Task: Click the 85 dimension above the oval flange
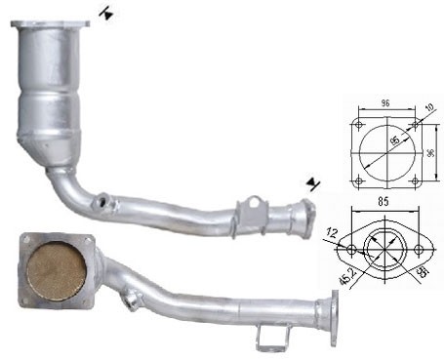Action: (x=383, y=202)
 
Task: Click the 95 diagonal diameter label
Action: (x=395, y=140)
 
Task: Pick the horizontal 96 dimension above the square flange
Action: (x=385, y=103)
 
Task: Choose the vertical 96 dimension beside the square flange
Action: (x=430, y=153)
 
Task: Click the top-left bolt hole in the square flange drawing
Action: (x=359, y=125)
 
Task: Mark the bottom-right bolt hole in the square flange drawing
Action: (x=415, y=180)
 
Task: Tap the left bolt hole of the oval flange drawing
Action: (x=351, y=250)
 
